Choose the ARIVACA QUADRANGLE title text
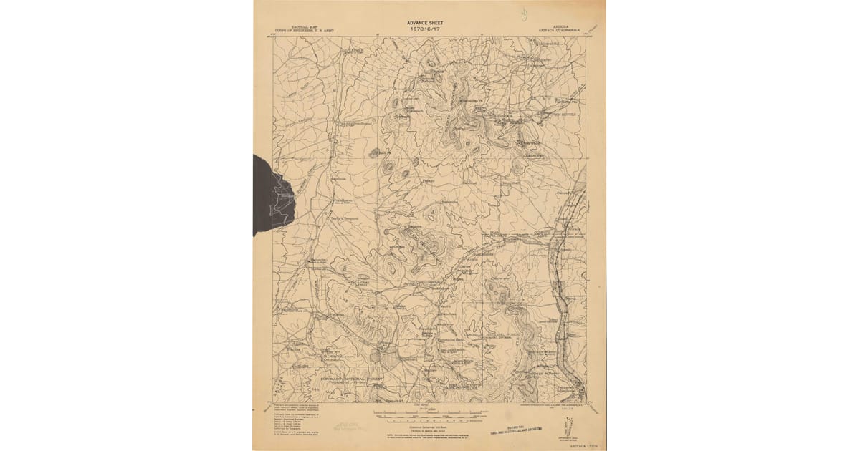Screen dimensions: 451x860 [558, 30]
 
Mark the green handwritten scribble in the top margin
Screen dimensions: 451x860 [525, 13]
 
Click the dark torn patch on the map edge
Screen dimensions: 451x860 [271, 193]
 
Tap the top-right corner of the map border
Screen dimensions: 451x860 [587, 37]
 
